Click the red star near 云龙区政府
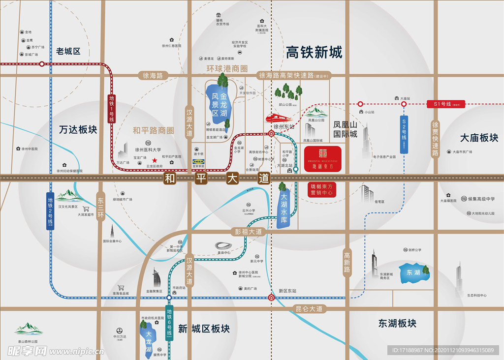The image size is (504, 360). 155,160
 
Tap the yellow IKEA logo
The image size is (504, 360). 199,161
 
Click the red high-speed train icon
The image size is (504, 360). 279,118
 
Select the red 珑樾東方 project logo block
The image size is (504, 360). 322,158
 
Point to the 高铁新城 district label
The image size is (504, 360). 314,52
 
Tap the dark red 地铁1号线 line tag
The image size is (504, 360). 112,108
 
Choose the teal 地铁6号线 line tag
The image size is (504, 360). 169,323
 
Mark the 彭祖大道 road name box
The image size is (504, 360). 249,232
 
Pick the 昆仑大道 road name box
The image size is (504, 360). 309,309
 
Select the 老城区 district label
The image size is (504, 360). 68,51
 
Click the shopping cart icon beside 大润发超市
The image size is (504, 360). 86,209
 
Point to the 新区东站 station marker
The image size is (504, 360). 272,297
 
